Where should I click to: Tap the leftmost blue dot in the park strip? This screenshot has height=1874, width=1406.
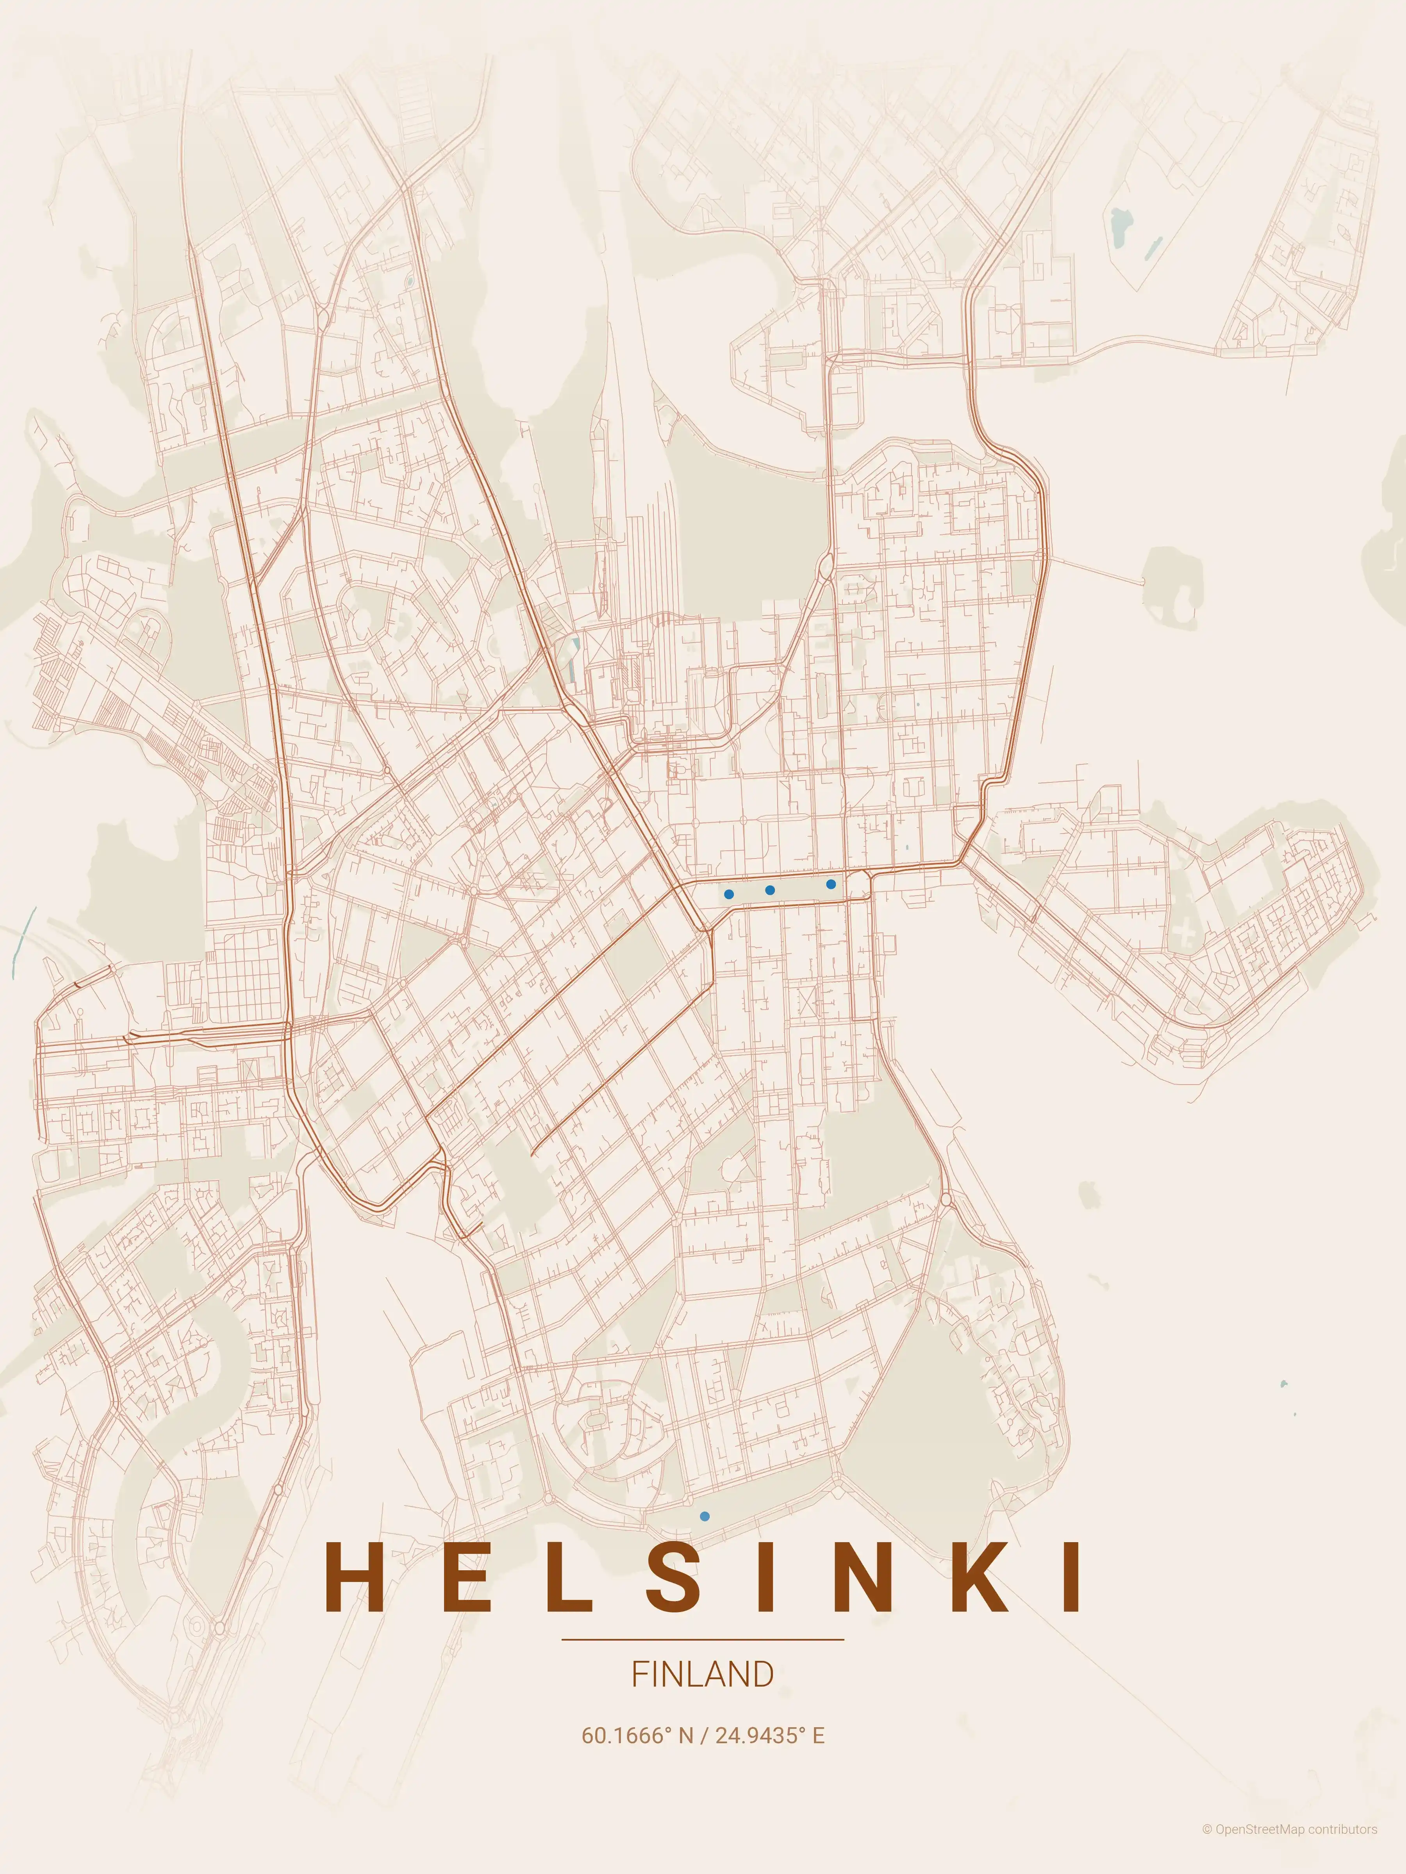click(x=729, y=894)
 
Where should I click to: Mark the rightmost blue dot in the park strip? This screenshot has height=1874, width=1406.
click(x=831, y=884)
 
